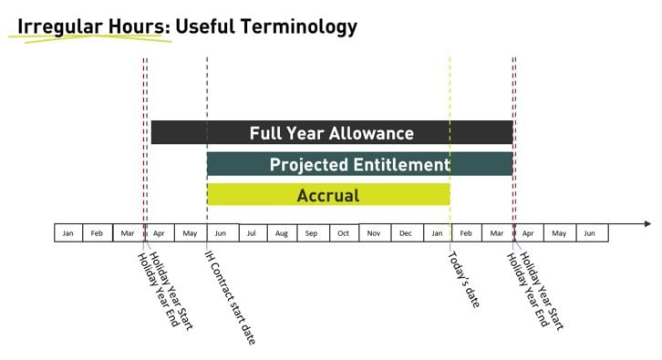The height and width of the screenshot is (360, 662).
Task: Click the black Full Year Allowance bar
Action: (x=331, y=132)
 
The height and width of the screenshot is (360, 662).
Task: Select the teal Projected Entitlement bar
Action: (x=359, y=164)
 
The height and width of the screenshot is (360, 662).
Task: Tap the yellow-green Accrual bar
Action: (x=328, y=195)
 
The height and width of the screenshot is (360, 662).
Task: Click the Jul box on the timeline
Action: (x=251, y=232)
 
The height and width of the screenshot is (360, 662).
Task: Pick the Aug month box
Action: (x=281, y=232)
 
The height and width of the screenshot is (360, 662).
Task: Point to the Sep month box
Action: (x=312, y=232)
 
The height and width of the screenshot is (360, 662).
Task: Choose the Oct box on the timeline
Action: (x=343, y=232)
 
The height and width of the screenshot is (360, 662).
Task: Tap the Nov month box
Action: (x=374, y=232)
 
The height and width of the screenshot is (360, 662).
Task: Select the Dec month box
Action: (x=405, y=232)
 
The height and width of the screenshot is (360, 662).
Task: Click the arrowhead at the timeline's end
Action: (x=647, y=223)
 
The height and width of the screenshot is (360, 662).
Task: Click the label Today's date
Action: (x=463, y=278)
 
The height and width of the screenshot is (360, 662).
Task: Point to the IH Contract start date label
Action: (x=229, y=297)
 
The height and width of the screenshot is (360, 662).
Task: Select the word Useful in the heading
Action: (x=203, y=26)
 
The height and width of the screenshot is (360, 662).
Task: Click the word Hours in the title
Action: (x=137, y=26)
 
